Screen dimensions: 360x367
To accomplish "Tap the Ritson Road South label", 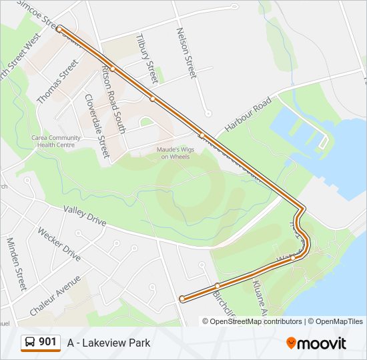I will [x=114, y=99].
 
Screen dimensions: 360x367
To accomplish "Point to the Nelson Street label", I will [x=186, y=53].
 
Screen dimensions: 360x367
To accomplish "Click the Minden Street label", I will [x=16, y=263].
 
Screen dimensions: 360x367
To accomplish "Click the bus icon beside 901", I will [x=30, y=343].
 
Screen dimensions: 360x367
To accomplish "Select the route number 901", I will [x=47, y=342].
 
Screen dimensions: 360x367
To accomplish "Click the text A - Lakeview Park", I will [x=109, y=343].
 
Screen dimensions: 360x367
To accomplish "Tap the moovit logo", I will [x=316, y=343].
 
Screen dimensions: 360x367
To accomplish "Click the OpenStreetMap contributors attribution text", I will [x=256, y=321].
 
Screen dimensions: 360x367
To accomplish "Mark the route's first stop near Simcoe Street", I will [x=59, y=29].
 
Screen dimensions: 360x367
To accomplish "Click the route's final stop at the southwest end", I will [x=182, y=299].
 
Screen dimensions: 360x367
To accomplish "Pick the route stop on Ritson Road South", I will [x=113, y=68].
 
